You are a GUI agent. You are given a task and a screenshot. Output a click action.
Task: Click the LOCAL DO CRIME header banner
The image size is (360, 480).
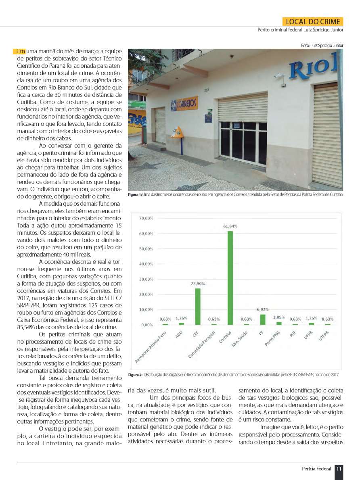(x=313, y=22)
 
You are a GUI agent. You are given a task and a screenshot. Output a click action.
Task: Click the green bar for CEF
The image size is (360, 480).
(x=198, y=307)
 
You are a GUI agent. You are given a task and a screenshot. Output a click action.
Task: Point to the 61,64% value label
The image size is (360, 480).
(x=230, y=226)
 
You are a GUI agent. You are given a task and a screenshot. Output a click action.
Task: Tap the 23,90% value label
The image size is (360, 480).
(x=198, y=284)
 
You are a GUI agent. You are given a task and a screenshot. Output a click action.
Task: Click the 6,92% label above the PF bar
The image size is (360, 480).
(x=262, y=309)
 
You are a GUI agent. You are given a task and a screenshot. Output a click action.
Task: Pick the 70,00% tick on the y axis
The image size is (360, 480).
(x=146, y=218)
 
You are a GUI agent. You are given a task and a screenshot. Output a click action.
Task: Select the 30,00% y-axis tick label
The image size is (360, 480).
(x=146, y=279)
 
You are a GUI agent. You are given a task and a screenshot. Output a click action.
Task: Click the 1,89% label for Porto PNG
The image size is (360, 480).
(x=279, y=317)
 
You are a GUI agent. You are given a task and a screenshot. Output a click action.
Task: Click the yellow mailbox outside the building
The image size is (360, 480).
(x=177, y=132)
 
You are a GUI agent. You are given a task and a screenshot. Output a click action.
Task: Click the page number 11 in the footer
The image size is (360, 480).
(x=339, y=469)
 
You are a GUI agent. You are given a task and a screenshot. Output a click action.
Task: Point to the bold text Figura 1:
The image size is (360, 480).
(x=135, y=195)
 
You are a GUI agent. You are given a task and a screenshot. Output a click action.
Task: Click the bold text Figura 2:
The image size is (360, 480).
(x=135, y=375)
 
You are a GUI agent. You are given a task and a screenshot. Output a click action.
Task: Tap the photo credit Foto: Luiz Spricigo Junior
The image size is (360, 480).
(x=322, y=46)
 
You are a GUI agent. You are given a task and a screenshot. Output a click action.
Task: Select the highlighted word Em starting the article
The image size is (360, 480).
(x=21, y=51)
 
